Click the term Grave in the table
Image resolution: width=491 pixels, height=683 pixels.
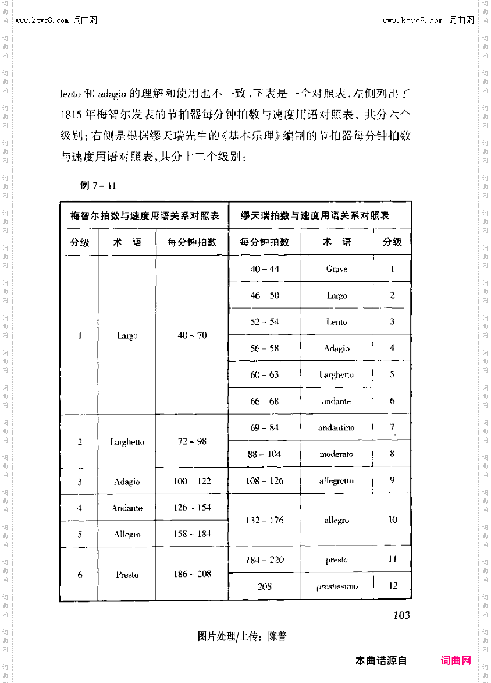337,269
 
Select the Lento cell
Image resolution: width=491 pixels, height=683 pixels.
336,322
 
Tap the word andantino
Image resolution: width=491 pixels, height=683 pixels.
336,428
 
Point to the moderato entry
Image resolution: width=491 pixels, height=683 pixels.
336,454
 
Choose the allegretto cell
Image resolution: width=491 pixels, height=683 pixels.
336,481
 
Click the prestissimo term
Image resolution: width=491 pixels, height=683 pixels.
337,586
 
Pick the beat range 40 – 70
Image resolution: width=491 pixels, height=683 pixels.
192,336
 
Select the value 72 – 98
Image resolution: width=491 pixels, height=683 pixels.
192,441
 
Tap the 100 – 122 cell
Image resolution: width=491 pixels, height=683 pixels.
192,482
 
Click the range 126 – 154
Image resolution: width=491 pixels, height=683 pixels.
192,508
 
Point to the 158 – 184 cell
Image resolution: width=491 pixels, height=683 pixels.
192,534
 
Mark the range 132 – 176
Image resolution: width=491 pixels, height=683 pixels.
265,520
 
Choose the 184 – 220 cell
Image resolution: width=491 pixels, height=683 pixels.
265,560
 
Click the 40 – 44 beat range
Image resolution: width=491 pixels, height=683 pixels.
265,269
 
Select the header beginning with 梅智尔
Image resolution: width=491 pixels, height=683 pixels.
145,216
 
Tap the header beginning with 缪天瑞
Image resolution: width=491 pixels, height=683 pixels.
315,216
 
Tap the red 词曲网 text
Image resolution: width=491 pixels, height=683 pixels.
456,661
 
